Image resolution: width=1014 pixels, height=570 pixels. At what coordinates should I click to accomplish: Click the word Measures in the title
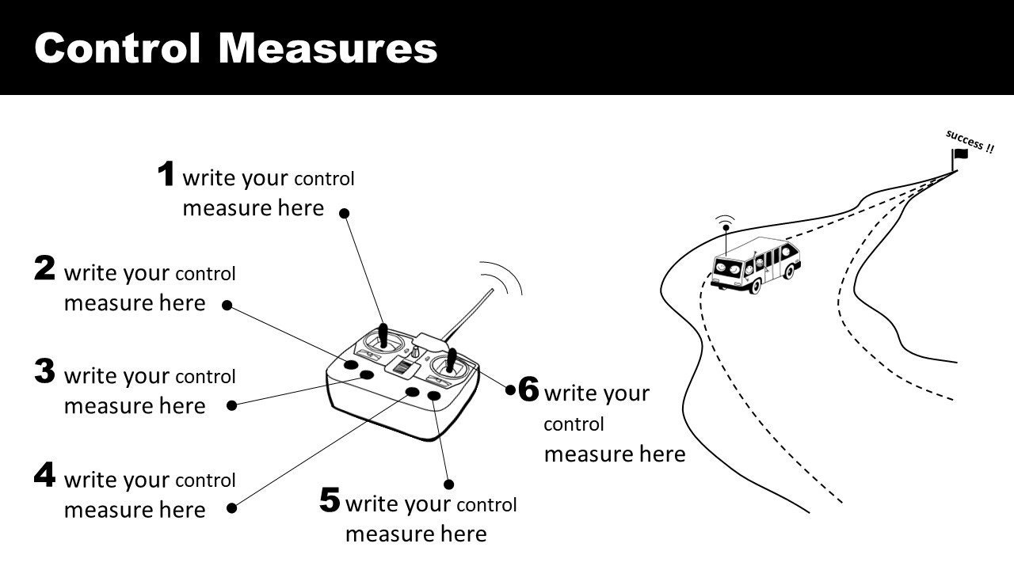[x=328, y=48]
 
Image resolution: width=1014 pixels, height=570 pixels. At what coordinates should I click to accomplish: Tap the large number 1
[x=166, y=174]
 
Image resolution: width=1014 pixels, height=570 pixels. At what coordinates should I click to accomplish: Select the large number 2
[x=45, y=269]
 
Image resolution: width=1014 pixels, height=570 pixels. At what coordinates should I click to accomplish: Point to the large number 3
[x=45, y=371]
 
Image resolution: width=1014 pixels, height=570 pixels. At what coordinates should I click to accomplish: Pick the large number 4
[x=45, y=475]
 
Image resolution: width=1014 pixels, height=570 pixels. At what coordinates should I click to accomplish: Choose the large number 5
[x=330, y=500]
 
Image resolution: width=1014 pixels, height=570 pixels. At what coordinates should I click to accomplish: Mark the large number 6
[x=528, y=389]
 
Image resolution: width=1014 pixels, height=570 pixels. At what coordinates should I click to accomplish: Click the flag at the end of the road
[x=961, y=155]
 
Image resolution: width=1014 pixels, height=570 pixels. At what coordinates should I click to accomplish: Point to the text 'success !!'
[x=970, y=141]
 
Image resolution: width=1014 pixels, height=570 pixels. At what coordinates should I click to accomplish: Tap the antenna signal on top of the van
[x=724, y=221]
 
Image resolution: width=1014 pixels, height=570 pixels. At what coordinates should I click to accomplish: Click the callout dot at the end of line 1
[x=344, y=212]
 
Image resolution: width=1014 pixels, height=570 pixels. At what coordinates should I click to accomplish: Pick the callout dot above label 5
[x=448, y=484]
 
